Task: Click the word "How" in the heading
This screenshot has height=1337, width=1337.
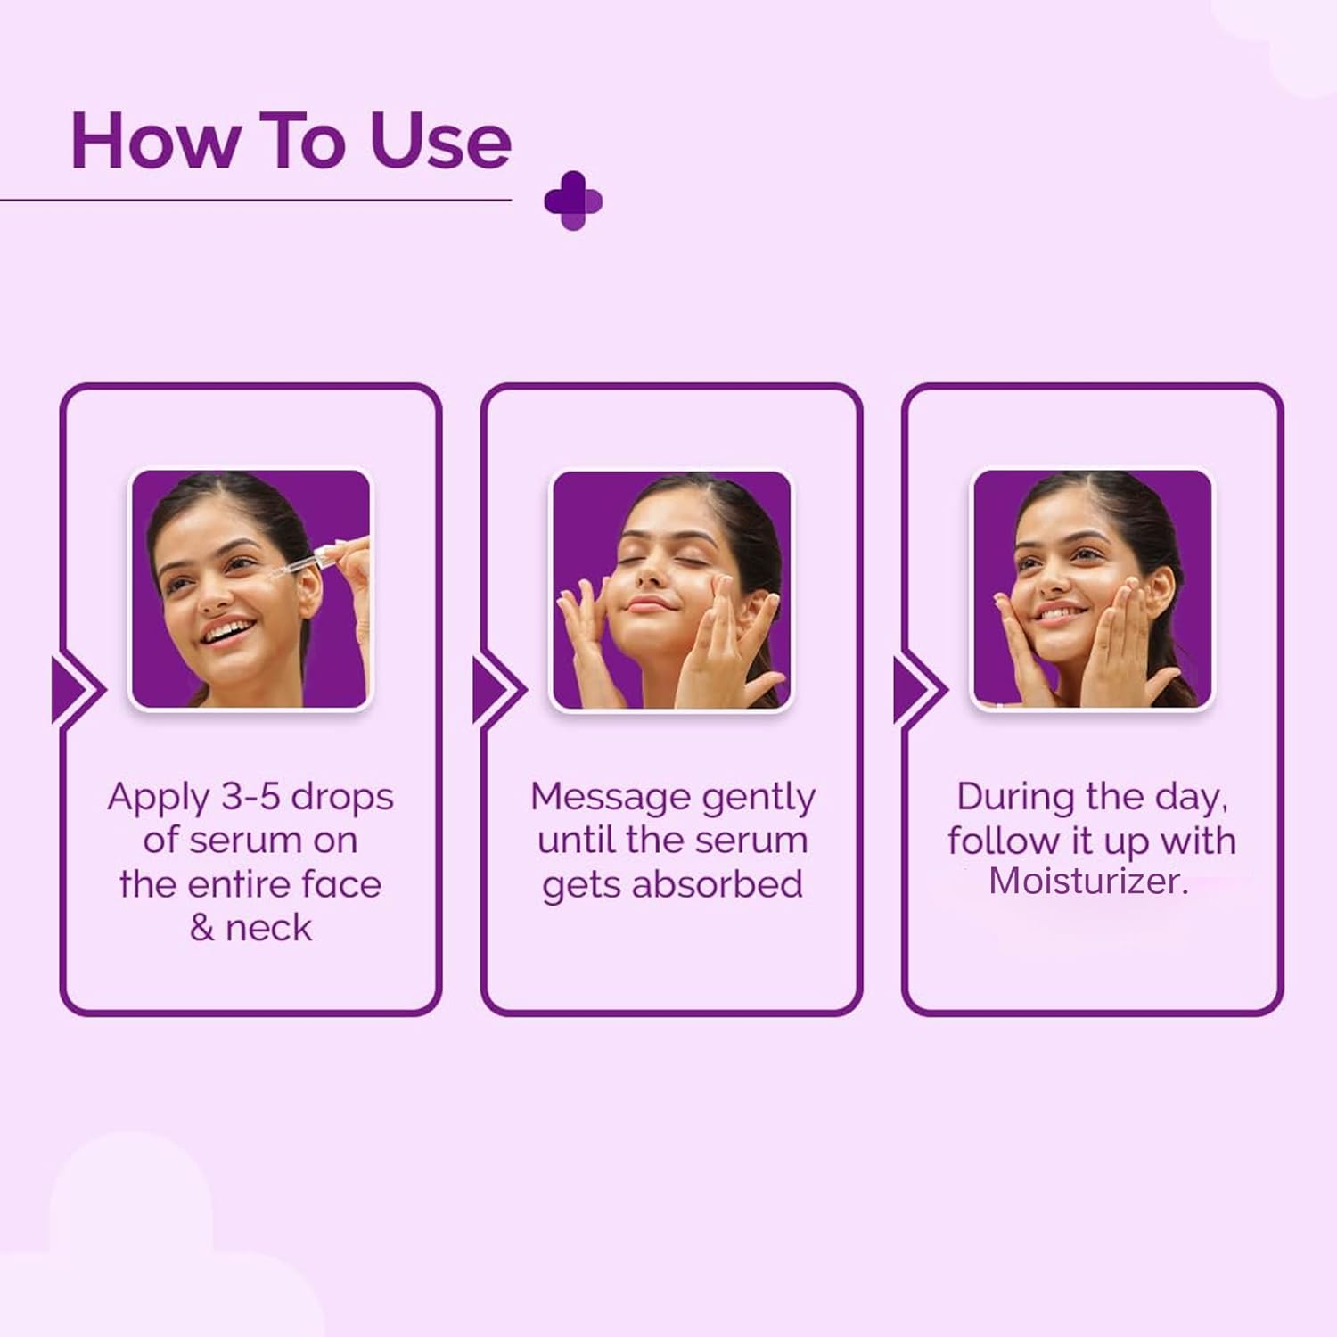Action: pos(156,140)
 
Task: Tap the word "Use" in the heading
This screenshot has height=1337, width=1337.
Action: pos(440,140)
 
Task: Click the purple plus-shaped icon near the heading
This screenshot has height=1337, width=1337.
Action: pos(573,201)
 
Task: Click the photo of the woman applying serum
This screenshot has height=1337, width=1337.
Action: pos(250,589)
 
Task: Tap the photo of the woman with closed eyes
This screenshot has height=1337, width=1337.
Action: pos(671,589)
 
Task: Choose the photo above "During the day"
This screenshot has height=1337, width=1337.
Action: pos(1092,589)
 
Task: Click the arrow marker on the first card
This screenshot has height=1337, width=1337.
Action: pos(77,690)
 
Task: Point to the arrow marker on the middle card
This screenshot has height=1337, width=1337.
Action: pos(498,690)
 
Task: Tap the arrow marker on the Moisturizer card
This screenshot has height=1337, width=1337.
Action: pos(919,690)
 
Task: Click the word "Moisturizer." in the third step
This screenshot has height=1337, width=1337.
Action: pos(1088,882)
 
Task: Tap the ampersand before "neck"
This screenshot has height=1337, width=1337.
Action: pos(201,928)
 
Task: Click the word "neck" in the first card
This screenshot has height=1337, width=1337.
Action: pos(268,928)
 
